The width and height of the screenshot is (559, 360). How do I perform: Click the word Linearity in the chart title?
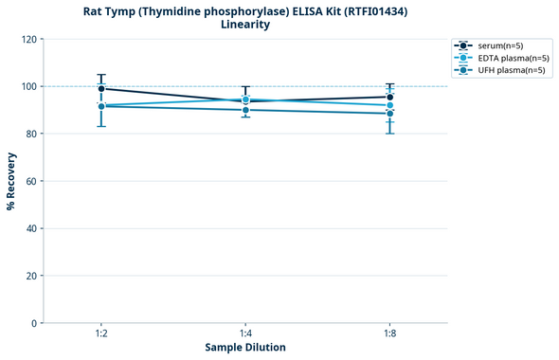(x=245, y=25)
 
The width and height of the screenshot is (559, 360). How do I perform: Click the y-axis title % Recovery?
(x=11, y=181)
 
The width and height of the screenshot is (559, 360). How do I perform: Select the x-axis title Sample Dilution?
(x=245, y=348)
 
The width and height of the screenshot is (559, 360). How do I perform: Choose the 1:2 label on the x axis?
(x=101, y=333)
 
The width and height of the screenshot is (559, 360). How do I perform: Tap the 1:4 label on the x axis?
(x=245, y=333)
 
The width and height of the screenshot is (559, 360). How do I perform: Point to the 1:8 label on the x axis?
(x=389, y=333)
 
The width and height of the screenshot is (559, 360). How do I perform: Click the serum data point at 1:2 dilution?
(x=101, y=89)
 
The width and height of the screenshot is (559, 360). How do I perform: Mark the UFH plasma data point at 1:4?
(x=245, y=110)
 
